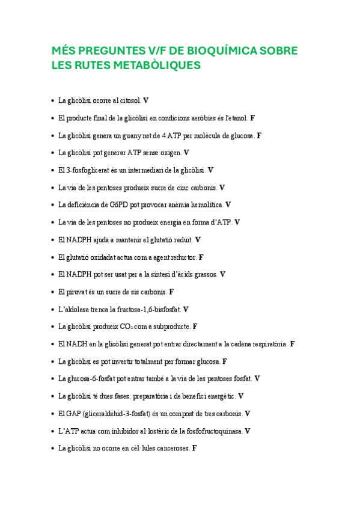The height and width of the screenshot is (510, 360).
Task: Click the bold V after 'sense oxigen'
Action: (186, 153)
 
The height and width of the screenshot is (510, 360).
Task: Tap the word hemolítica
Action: (204, 205)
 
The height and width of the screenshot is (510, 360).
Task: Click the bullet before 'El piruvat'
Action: (52, 292)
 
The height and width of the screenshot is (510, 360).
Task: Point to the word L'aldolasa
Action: (75, 309)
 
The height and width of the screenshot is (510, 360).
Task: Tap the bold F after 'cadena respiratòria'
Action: (292, 344)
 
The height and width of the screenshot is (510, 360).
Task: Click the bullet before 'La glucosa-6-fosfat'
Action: (52, 379)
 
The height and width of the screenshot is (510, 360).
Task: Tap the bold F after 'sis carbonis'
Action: (171, 292)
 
